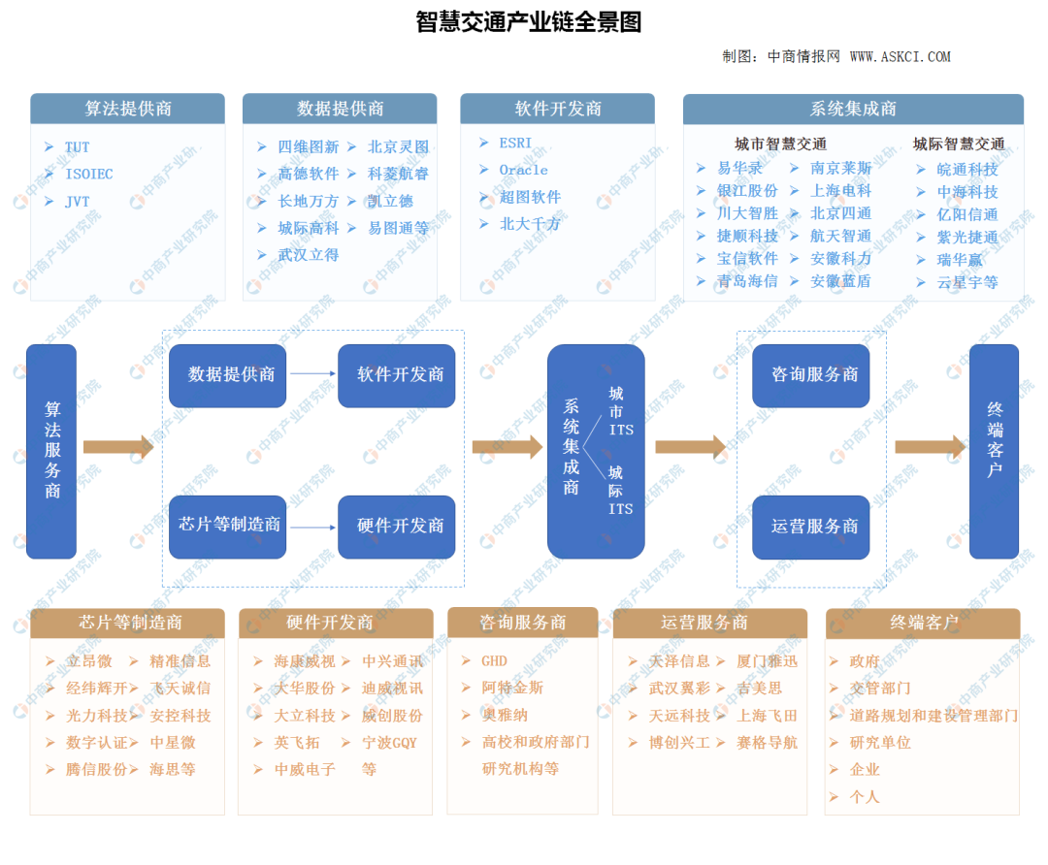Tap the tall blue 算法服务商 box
pyautogui.click(x=51, y=451)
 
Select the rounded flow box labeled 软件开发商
pyautogui.click(x=397, y=375)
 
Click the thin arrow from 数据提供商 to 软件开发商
pyautogui.click(x=311, y=373)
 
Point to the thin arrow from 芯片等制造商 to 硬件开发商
pyautogui.click(x=311, y=528)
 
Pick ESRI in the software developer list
pyautogui.click(x=515, y=143)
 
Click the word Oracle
pyautogui.click(x=523, y=170)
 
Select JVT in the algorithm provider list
pyautogui.click(x=77, y=202)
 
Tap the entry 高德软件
pyautogui.click(x=309, y=174)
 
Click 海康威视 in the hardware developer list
pyautogui.click(x=304, y=661)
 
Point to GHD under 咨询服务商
pyautogui.click(x=494, y=661)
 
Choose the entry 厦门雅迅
pyautogui.click(x=766, y=661)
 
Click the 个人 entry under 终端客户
pyautogui.click(x=864, y=796)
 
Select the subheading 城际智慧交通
pyautogui.click(x=958, y=144)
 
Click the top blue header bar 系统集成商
pyautogui.click(x=853, y=109)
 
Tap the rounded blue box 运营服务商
pyautogui.click(x=814, y=527)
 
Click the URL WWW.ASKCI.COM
pyautogui.click(x=900, y=57)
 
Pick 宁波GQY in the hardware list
pyautogui.click(x=389, y=743)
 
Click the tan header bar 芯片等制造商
pyautogui.click(x=127, y=623)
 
